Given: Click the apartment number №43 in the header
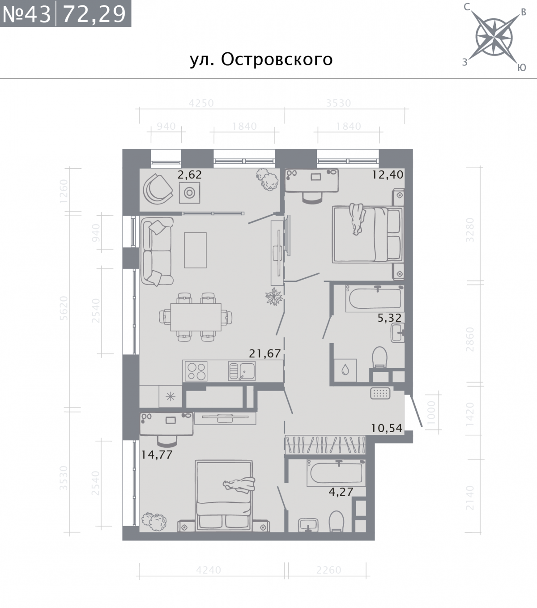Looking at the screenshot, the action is click(26, 14).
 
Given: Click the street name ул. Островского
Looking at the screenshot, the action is click(261, 60).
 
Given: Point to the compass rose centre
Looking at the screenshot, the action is click(494, 38).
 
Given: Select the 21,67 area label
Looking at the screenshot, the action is click(265, 353).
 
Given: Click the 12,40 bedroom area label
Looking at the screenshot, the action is click(388, 174).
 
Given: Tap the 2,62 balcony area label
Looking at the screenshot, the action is click(189, 174).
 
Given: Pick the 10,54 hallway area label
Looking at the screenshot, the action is click(387, 428).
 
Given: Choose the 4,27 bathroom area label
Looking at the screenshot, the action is click(341, 492).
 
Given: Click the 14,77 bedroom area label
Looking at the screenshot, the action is click(157, 455).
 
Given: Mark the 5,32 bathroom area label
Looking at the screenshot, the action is click(389, 318).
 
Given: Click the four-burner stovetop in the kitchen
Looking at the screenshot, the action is click(196, 371).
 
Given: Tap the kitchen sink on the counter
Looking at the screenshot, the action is click(242, 371).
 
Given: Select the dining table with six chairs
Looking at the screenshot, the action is click(196, 317).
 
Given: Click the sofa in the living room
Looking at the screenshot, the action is click(157, 251).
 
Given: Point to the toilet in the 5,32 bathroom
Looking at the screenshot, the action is click(380, 357).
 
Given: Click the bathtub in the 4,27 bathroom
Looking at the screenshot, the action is click(336, 473).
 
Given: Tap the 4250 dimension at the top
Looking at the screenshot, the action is click(201, 103).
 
